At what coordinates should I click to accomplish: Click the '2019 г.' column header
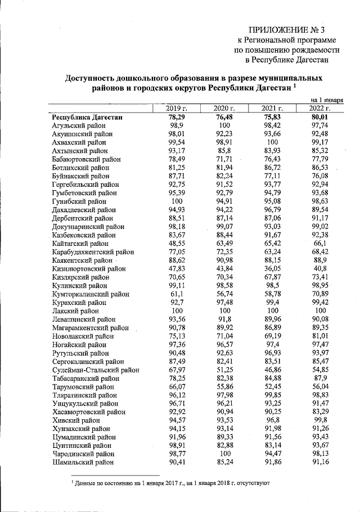pos(177,108)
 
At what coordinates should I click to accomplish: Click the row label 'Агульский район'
pos(77,125)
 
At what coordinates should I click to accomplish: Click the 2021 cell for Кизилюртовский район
pos(272,268)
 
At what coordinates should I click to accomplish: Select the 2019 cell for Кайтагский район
pos(177,243)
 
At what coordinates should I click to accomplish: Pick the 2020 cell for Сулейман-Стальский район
pos(224,370)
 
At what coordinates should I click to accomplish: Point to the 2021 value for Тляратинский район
pos(272,395)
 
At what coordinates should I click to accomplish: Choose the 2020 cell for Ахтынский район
pos(224,151)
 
